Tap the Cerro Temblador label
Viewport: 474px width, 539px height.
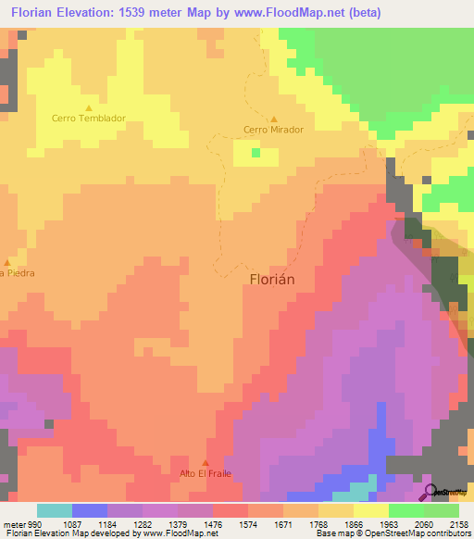(x=89, y=119)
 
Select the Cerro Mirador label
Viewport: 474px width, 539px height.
(x=273, y=130)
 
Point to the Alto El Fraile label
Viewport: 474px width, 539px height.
(x=206, y=473)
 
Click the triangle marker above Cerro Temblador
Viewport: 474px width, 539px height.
(x=89, y=107)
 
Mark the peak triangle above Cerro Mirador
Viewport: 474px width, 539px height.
(x=274, y=119)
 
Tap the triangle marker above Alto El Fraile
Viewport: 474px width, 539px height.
(x=206, y=463)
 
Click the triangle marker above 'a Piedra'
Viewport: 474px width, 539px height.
(x=6, y=262)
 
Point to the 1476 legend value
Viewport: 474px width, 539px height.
(x=214, y=523)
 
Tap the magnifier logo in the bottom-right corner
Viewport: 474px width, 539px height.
(x=430, y=492)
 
